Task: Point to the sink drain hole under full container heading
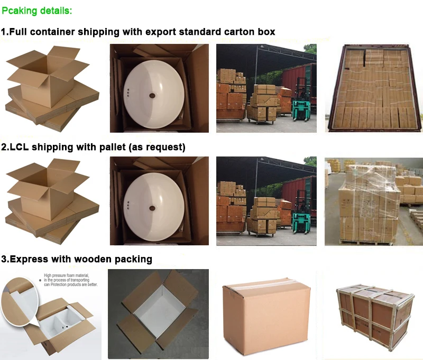click(152, 96)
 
